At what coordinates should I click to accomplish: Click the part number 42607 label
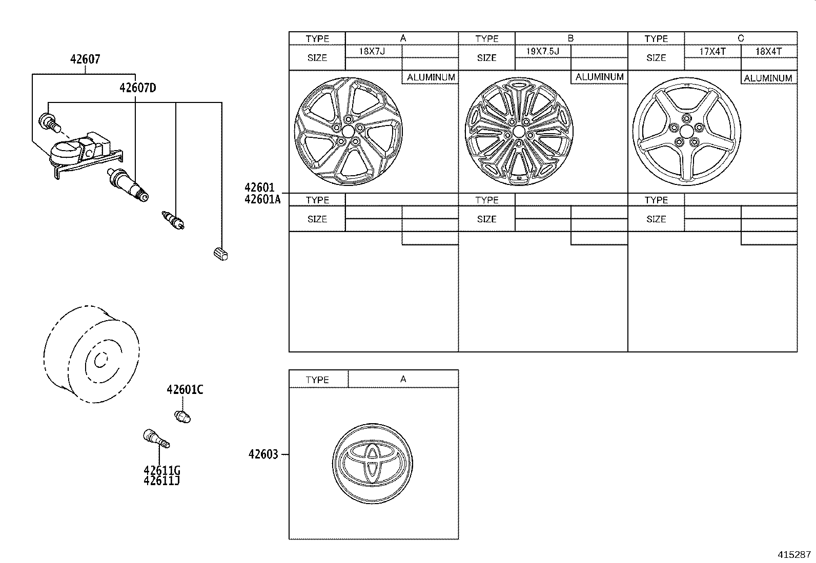coord(85,59)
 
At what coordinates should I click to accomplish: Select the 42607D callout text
coord(137,88)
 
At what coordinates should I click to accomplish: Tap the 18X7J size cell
coord(373,51)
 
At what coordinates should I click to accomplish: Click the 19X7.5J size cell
coord(542,51)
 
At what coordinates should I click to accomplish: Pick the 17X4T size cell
coord(712,52)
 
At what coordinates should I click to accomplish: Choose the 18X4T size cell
coord(769,52)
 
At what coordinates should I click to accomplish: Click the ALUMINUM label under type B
coord(599,77)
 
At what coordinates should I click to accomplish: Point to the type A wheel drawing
coord(349,131)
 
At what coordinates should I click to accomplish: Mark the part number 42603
coord(263,454)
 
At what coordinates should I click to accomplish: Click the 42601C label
coord(185,390)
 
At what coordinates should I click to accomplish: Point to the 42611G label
coord(161,470)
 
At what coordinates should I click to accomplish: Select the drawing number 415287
coord(794,554)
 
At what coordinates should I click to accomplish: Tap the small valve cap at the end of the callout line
coord(220,253)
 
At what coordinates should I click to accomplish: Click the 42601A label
coord(262,199)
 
